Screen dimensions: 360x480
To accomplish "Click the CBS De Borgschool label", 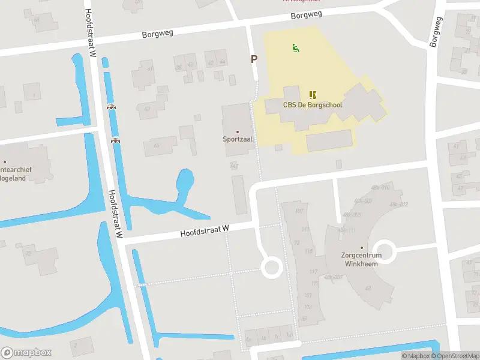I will coord(312,104).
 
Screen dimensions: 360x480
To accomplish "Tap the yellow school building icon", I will coord(312,94).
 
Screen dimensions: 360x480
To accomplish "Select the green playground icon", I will coord(295,47).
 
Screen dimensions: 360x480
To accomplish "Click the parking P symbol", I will coord(254,59).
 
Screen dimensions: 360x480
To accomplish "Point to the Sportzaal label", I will coord(237,139).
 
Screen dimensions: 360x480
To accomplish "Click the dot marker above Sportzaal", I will coord(237,131).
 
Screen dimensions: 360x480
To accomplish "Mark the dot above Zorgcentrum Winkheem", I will coord(362,247).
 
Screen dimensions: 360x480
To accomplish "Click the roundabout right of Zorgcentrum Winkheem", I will coord(384,251).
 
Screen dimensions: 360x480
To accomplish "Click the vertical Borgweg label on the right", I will coord(436,31).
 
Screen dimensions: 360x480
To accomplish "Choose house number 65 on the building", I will coord(157,146).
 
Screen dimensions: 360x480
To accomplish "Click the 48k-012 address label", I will coord(398,205).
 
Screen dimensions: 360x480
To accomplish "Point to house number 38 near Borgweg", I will coord(178,66).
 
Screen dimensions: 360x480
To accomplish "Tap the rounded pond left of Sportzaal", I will coord(185,180).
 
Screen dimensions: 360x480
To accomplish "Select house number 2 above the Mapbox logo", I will coord(75,346).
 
